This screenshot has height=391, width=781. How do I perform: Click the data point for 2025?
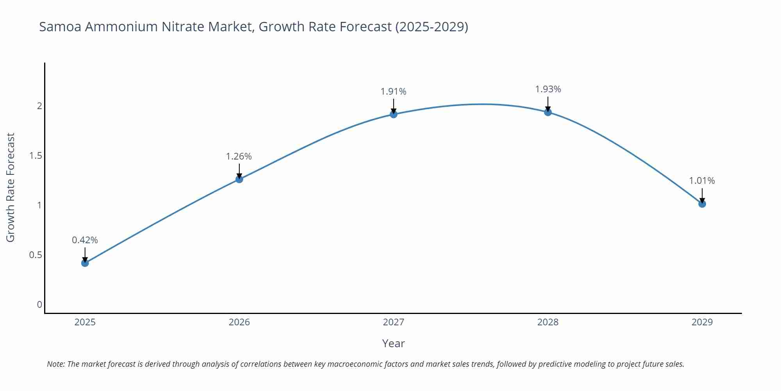click(85, 263)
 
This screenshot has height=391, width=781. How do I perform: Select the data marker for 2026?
click(239, 179)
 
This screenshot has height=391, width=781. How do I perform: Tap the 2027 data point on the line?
click(394, 114)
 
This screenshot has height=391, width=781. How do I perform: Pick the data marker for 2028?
click(548, 112)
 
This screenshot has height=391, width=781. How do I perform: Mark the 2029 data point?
click(702, 204)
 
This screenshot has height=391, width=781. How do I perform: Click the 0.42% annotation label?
click(85, 240)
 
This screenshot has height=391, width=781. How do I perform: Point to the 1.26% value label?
click(239, 156)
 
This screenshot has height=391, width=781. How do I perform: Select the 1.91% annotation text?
click(393, 91)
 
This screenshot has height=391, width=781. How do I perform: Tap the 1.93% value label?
click(548, 89)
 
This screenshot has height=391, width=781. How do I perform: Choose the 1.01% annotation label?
click(702, 181)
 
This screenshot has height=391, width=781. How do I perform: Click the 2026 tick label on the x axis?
click(239, 322)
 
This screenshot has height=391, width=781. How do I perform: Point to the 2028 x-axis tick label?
click(548, 322)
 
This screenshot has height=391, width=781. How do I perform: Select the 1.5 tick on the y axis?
click(36, 156)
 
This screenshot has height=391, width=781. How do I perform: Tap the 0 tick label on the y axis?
click(39, 305)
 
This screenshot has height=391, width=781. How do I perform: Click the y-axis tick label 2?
click(39, 106)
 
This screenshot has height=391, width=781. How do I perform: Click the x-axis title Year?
click(393, 343)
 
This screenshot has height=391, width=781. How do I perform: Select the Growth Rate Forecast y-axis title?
click(11, 187)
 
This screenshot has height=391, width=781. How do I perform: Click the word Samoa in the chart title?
click(61, 27)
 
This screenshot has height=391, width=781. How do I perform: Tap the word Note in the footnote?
click(55, 364)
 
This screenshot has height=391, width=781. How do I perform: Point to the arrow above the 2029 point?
click(702, 195)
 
